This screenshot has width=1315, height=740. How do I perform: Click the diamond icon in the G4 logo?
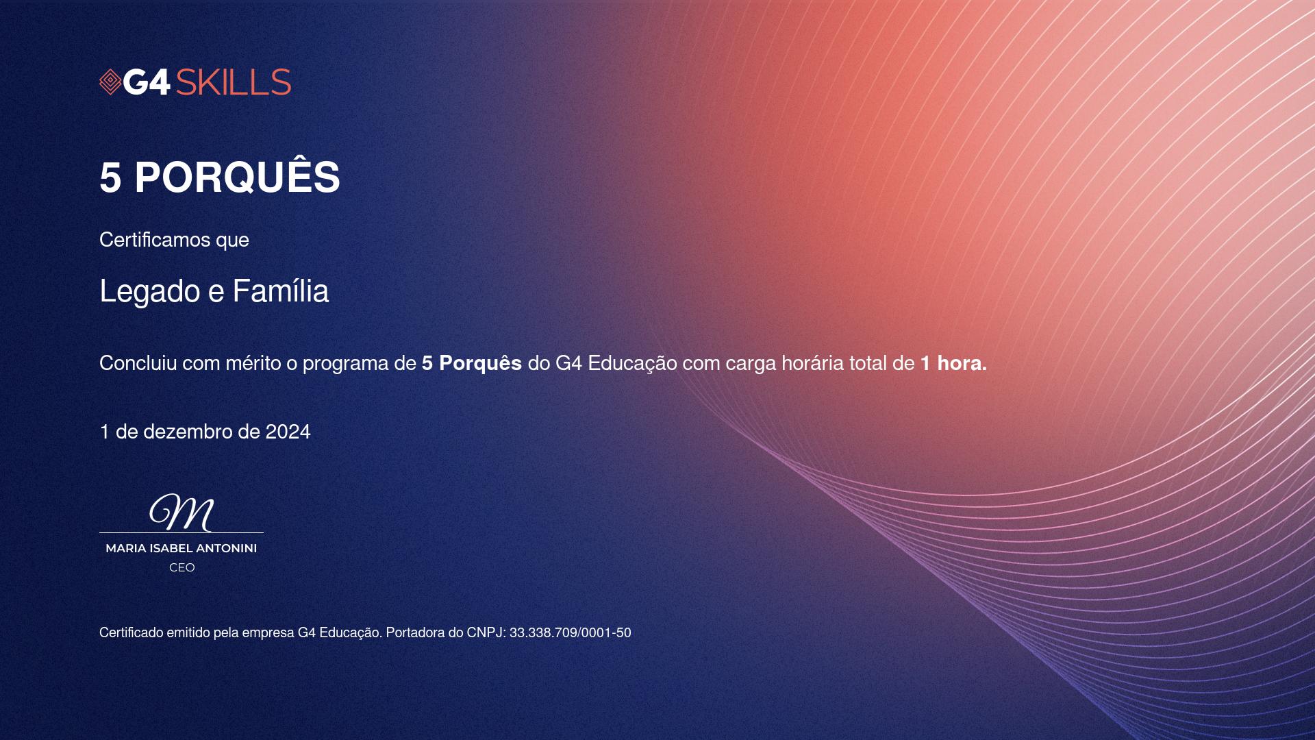coord(110,82)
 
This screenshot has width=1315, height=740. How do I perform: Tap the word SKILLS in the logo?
coord(234,82)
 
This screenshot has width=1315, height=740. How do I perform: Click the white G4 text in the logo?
coord(147,82)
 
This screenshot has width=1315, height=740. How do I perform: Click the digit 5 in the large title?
coord(110,177)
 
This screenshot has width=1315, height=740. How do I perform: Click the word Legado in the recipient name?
coord(151,293)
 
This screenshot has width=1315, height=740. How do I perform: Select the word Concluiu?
coord(138,363)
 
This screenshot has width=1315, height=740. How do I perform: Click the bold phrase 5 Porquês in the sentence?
coord(472,363)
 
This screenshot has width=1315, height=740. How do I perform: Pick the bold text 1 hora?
coord(953,363)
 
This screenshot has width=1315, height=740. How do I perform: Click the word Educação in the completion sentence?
coord(632,363)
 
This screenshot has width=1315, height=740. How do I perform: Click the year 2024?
coord(288,432)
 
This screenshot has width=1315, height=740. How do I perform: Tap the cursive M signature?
coord(181,512)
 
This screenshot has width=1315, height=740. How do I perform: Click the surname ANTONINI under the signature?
coord(226,548)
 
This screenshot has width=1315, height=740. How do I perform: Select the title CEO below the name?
coord(182,567)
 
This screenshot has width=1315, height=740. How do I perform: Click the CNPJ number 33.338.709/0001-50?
coord(570,633)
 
